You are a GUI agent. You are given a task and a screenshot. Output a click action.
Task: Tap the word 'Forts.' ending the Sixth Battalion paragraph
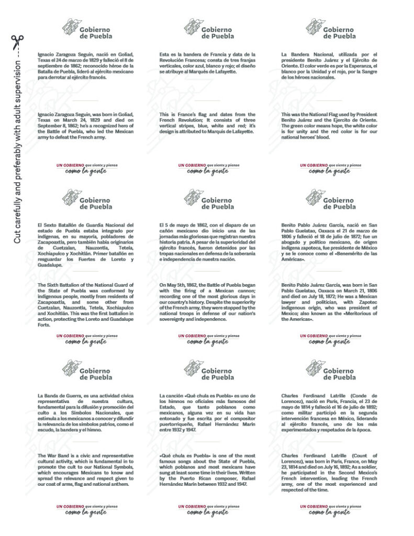(x=47, y=325)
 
